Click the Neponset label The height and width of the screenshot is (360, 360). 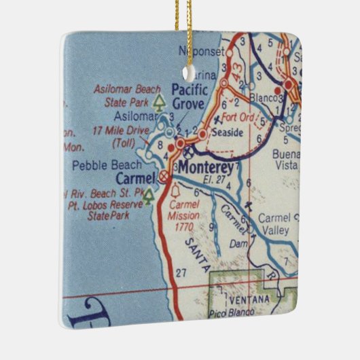(200, 51)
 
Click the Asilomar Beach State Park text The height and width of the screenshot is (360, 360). (127, 96)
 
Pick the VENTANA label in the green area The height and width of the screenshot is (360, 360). (253, 300)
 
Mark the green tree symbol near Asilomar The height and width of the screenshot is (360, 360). (159, 102)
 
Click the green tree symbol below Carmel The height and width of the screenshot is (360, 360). (148, 196)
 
